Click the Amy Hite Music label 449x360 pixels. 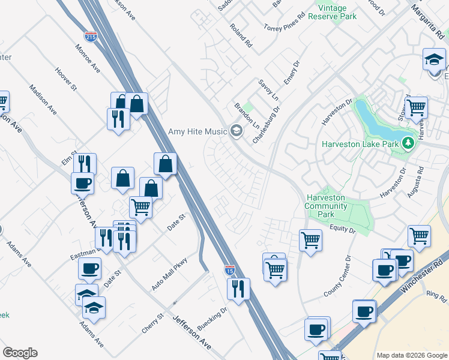point(196,131)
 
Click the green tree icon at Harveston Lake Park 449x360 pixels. point(408,143)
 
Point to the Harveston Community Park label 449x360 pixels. point(327,206)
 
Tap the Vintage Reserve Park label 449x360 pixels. point(333,11)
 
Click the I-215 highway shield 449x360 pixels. point(91,37)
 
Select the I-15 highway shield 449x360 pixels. point(230,271)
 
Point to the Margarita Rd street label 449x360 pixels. point(426,17)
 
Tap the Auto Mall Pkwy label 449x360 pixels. point(169,274)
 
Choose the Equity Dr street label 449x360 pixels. point(343,229)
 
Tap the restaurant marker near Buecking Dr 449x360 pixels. point(238,289)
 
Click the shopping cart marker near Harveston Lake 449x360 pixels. point(415,108)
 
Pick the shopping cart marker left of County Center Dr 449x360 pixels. point(310,241)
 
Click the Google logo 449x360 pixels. point(20,353)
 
